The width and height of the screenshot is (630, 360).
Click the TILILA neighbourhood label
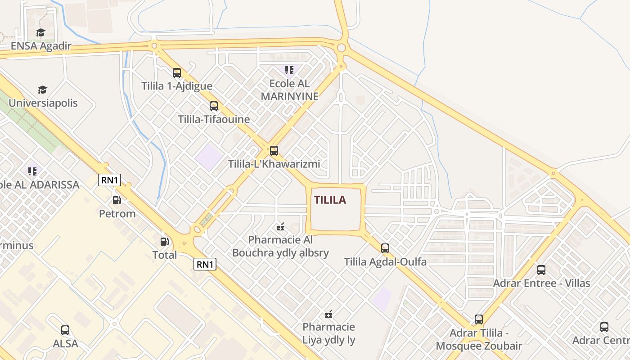click(x=330, y=200)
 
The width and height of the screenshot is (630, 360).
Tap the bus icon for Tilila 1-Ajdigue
click(x=177, y=72)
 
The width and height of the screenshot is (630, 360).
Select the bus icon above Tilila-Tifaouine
click(x=214, y=106)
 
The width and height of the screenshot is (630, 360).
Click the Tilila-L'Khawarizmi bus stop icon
click(x=274, y=151)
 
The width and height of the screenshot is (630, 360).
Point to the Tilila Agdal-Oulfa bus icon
click(x=385, y=248)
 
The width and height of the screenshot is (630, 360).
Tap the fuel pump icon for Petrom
click(x=117, y=200)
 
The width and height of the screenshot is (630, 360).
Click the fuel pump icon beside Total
click(x=165, y=242)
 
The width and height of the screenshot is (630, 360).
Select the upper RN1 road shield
click(x=110, y=180)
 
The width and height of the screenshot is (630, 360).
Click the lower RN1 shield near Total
click(x=205, y=264)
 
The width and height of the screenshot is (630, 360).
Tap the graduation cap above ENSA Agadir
click(x=41, y=33)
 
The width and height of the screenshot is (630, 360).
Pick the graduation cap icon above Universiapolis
click(x=42, y=90)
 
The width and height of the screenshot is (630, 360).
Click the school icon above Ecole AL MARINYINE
click(x=289, y=70)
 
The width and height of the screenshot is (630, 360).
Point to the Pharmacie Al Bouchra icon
click(x=281, y=226)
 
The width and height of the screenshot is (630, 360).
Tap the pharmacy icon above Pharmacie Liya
click(x=329, y=314)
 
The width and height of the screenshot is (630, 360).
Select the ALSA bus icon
click(x=65, y=330)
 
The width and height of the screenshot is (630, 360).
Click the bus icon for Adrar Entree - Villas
click(x=541, y=270)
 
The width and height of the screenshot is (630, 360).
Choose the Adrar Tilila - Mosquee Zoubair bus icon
click(x=479, y=319)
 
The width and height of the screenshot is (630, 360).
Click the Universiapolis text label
click(x=43, y=103)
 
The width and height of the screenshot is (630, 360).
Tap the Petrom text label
click(x=117, y=213)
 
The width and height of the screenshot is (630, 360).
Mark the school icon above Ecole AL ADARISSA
click(x=32, y=171)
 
